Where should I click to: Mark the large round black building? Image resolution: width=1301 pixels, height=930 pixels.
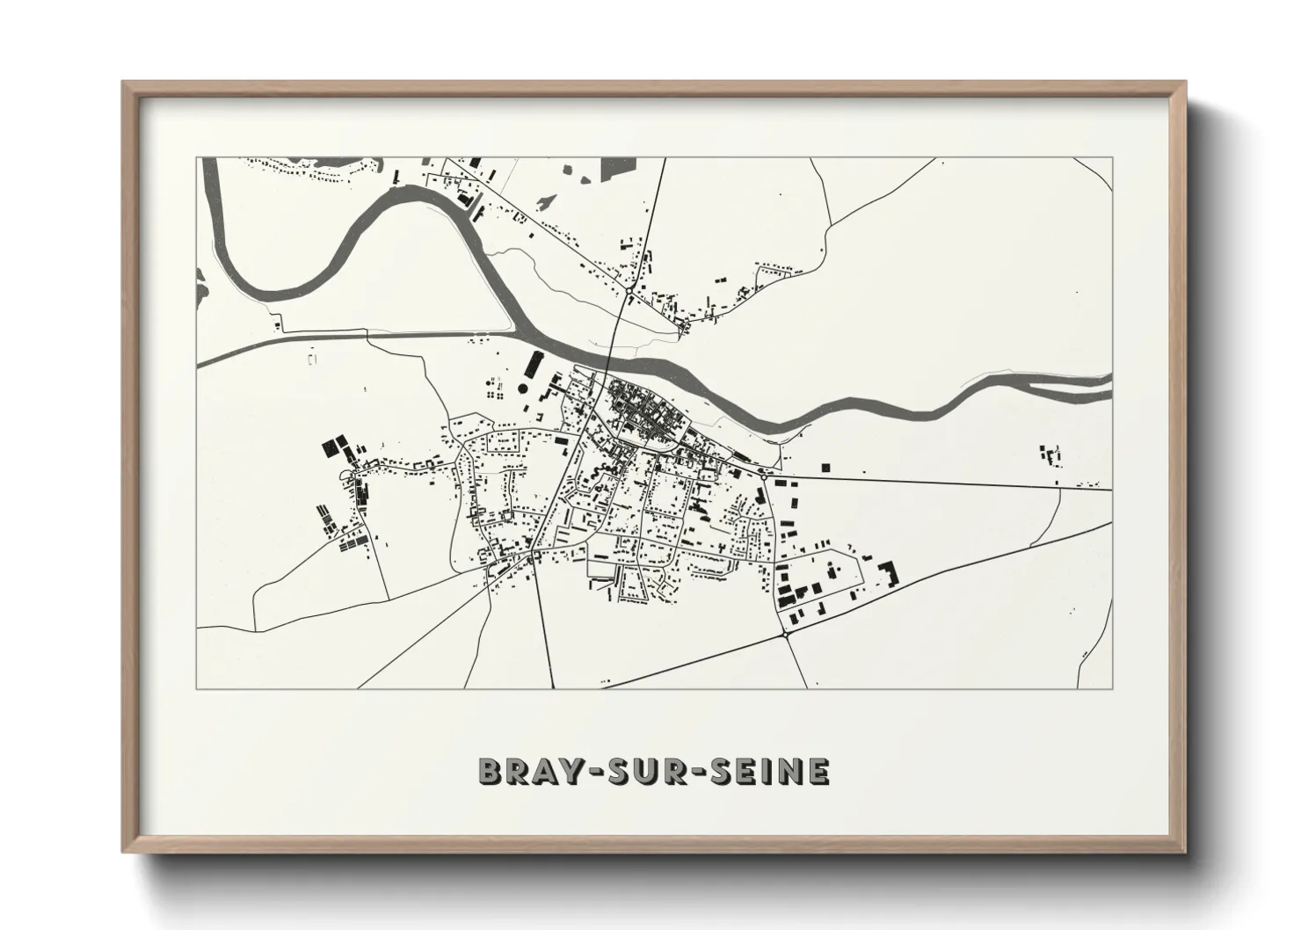[524, 388]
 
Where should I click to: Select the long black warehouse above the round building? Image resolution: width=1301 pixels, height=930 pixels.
[534, 364]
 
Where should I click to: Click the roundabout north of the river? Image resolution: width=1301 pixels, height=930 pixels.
[630, 287]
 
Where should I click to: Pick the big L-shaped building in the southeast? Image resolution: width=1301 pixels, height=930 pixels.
[890, 574]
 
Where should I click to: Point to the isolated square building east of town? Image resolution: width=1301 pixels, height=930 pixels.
[825, 467]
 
